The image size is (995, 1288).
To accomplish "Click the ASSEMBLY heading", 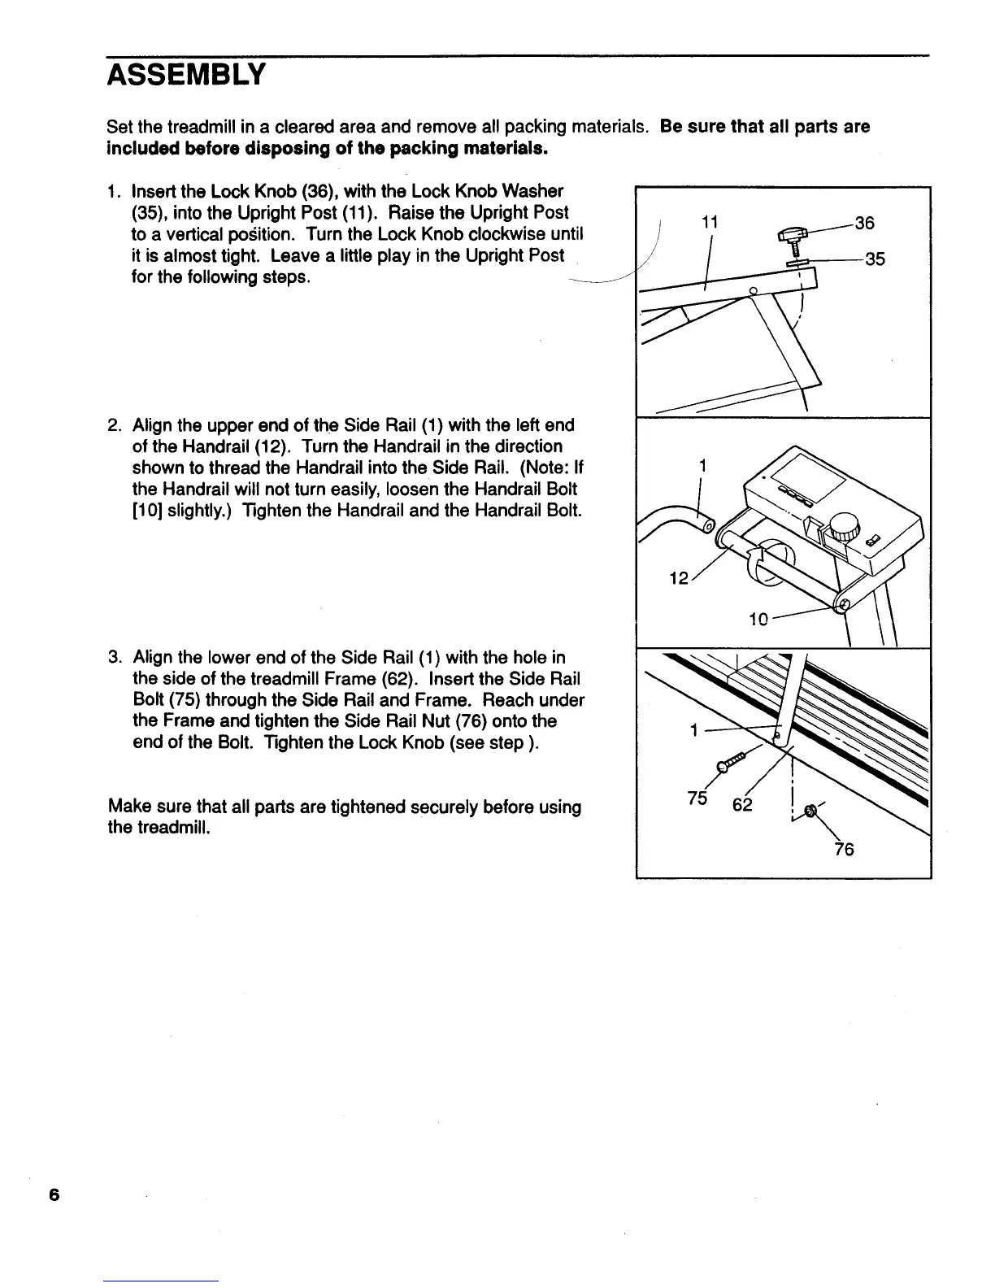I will [185, 76].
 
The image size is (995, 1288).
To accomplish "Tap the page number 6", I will [54, 1194].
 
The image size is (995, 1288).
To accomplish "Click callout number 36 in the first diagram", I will [863, 222].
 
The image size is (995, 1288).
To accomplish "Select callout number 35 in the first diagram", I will [875, 260].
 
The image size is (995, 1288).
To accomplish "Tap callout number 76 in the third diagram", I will [845, 850].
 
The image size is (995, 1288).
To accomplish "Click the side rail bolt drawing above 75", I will [730, 762].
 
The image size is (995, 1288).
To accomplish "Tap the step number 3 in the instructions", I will [115, 657].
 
